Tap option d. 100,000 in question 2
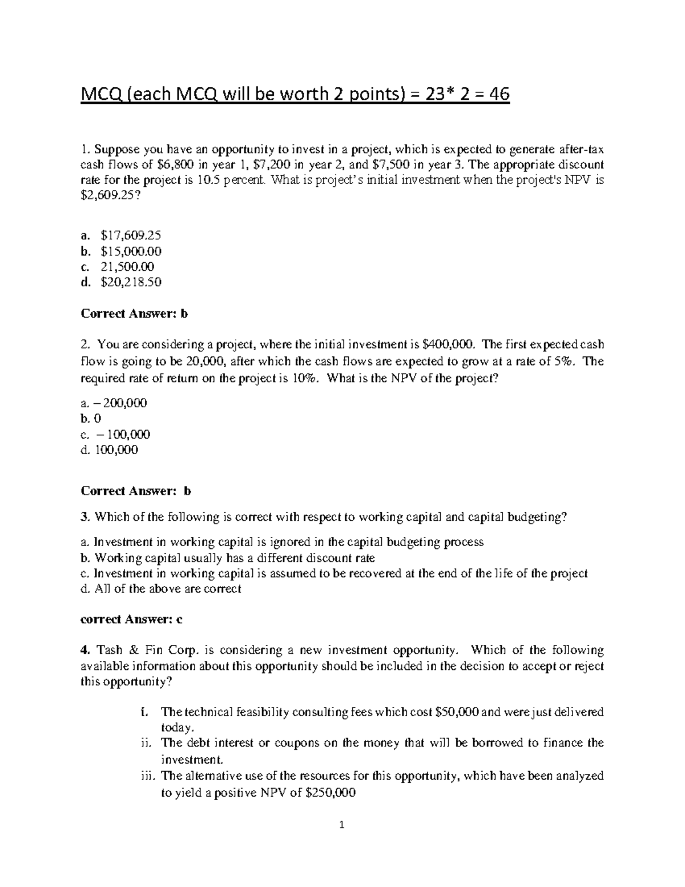tap(110, 450)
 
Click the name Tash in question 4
tap(110, 651)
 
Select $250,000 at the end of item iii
tap(331, 793)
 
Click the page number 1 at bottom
tap(342, 840)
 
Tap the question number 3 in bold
tap(84, 517)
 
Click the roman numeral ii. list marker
tap(146, 743)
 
